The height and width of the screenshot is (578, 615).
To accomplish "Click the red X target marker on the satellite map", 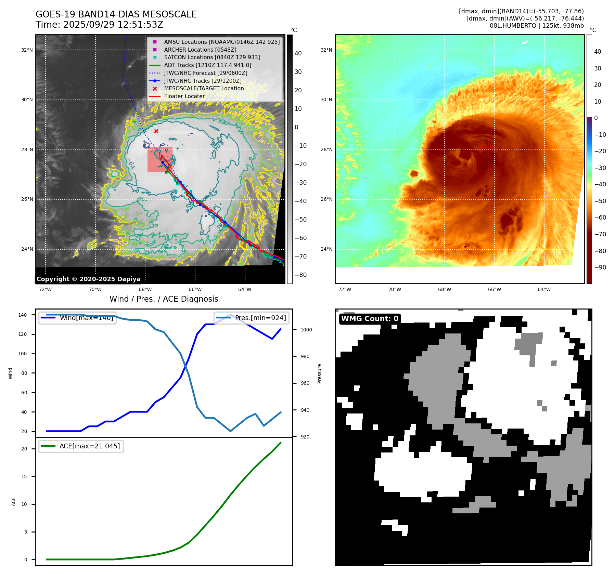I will (156, 131).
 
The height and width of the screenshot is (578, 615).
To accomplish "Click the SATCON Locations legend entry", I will (212, 57).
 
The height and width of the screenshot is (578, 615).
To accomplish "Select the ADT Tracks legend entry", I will (207, 65).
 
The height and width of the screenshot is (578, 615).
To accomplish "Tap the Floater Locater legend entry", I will (184, 96).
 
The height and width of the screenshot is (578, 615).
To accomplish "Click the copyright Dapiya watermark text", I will (88, 279).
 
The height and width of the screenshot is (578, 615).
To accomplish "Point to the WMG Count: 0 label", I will (370, 319).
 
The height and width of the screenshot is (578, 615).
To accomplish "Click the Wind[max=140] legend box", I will (77, 318).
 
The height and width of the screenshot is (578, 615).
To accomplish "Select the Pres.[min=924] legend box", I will (252, 318).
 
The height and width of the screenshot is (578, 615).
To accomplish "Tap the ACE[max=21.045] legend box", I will (81, 446).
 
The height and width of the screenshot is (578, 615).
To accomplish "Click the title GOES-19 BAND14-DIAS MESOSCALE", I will (116, 14).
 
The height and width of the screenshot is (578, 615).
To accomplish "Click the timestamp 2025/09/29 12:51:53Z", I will (113, 25).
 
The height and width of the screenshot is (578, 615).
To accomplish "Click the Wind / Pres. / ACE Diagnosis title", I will (164, 299).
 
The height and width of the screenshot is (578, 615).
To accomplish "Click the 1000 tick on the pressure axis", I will (306, 330).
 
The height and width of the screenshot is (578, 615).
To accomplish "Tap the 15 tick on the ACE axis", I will (24, 476).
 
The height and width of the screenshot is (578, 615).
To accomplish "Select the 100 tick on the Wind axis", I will (23, 354).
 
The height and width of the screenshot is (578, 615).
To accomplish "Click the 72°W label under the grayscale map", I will (45, 289).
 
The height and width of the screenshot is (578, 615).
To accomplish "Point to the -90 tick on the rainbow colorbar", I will (600, 267).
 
